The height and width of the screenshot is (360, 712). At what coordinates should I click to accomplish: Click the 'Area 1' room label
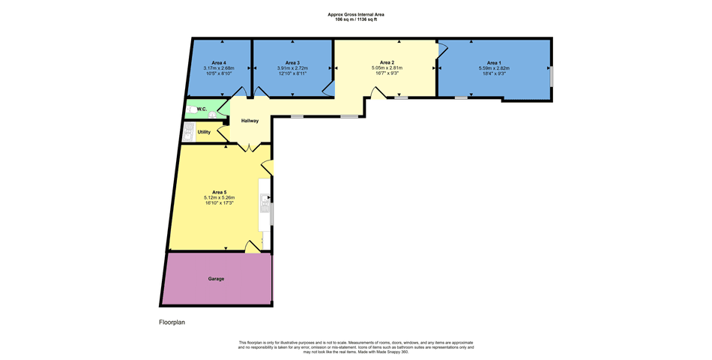click(x=493, y=62)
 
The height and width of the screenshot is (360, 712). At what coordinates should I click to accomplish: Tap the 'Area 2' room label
click(x=387, y=62)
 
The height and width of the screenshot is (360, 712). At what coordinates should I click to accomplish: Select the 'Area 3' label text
click(x=292, y=62)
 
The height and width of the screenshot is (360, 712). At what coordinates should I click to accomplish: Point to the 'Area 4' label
click(x=220, y=62)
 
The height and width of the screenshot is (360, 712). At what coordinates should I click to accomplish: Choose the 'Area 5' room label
click(x=219, y=193)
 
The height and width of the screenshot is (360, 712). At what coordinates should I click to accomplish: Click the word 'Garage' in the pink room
click(x=216, y=279)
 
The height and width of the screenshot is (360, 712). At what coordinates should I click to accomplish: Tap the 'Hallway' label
click(x=250, y=121)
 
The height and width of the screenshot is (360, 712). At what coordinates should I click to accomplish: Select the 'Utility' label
click(x=204, y=132)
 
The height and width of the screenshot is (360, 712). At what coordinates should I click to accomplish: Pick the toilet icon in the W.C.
click(x=214, y=115)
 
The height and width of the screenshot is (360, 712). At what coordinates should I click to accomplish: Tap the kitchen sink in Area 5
click(x=265, y=202)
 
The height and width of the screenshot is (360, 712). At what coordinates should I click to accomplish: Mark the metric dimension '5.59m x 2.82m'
click(x=494, y=68)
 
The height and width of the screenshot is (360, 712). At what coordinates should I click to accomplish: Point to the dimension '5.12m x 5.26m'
click(x=219, y=198)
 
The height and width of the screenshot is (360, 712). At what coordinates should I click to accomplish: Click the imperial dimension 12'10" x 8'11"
click(x=292, y=73)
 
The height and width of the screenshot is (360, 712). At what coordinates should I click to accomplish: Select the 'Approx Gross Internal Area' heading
click(x=356, y=14)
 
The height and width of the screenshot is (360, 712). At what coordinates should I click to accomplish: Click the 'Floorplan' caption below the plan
click(x=172, y=322)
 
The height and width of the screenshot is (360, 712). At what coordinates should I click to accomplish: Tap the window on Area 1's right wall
click(x=551, y=76)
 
